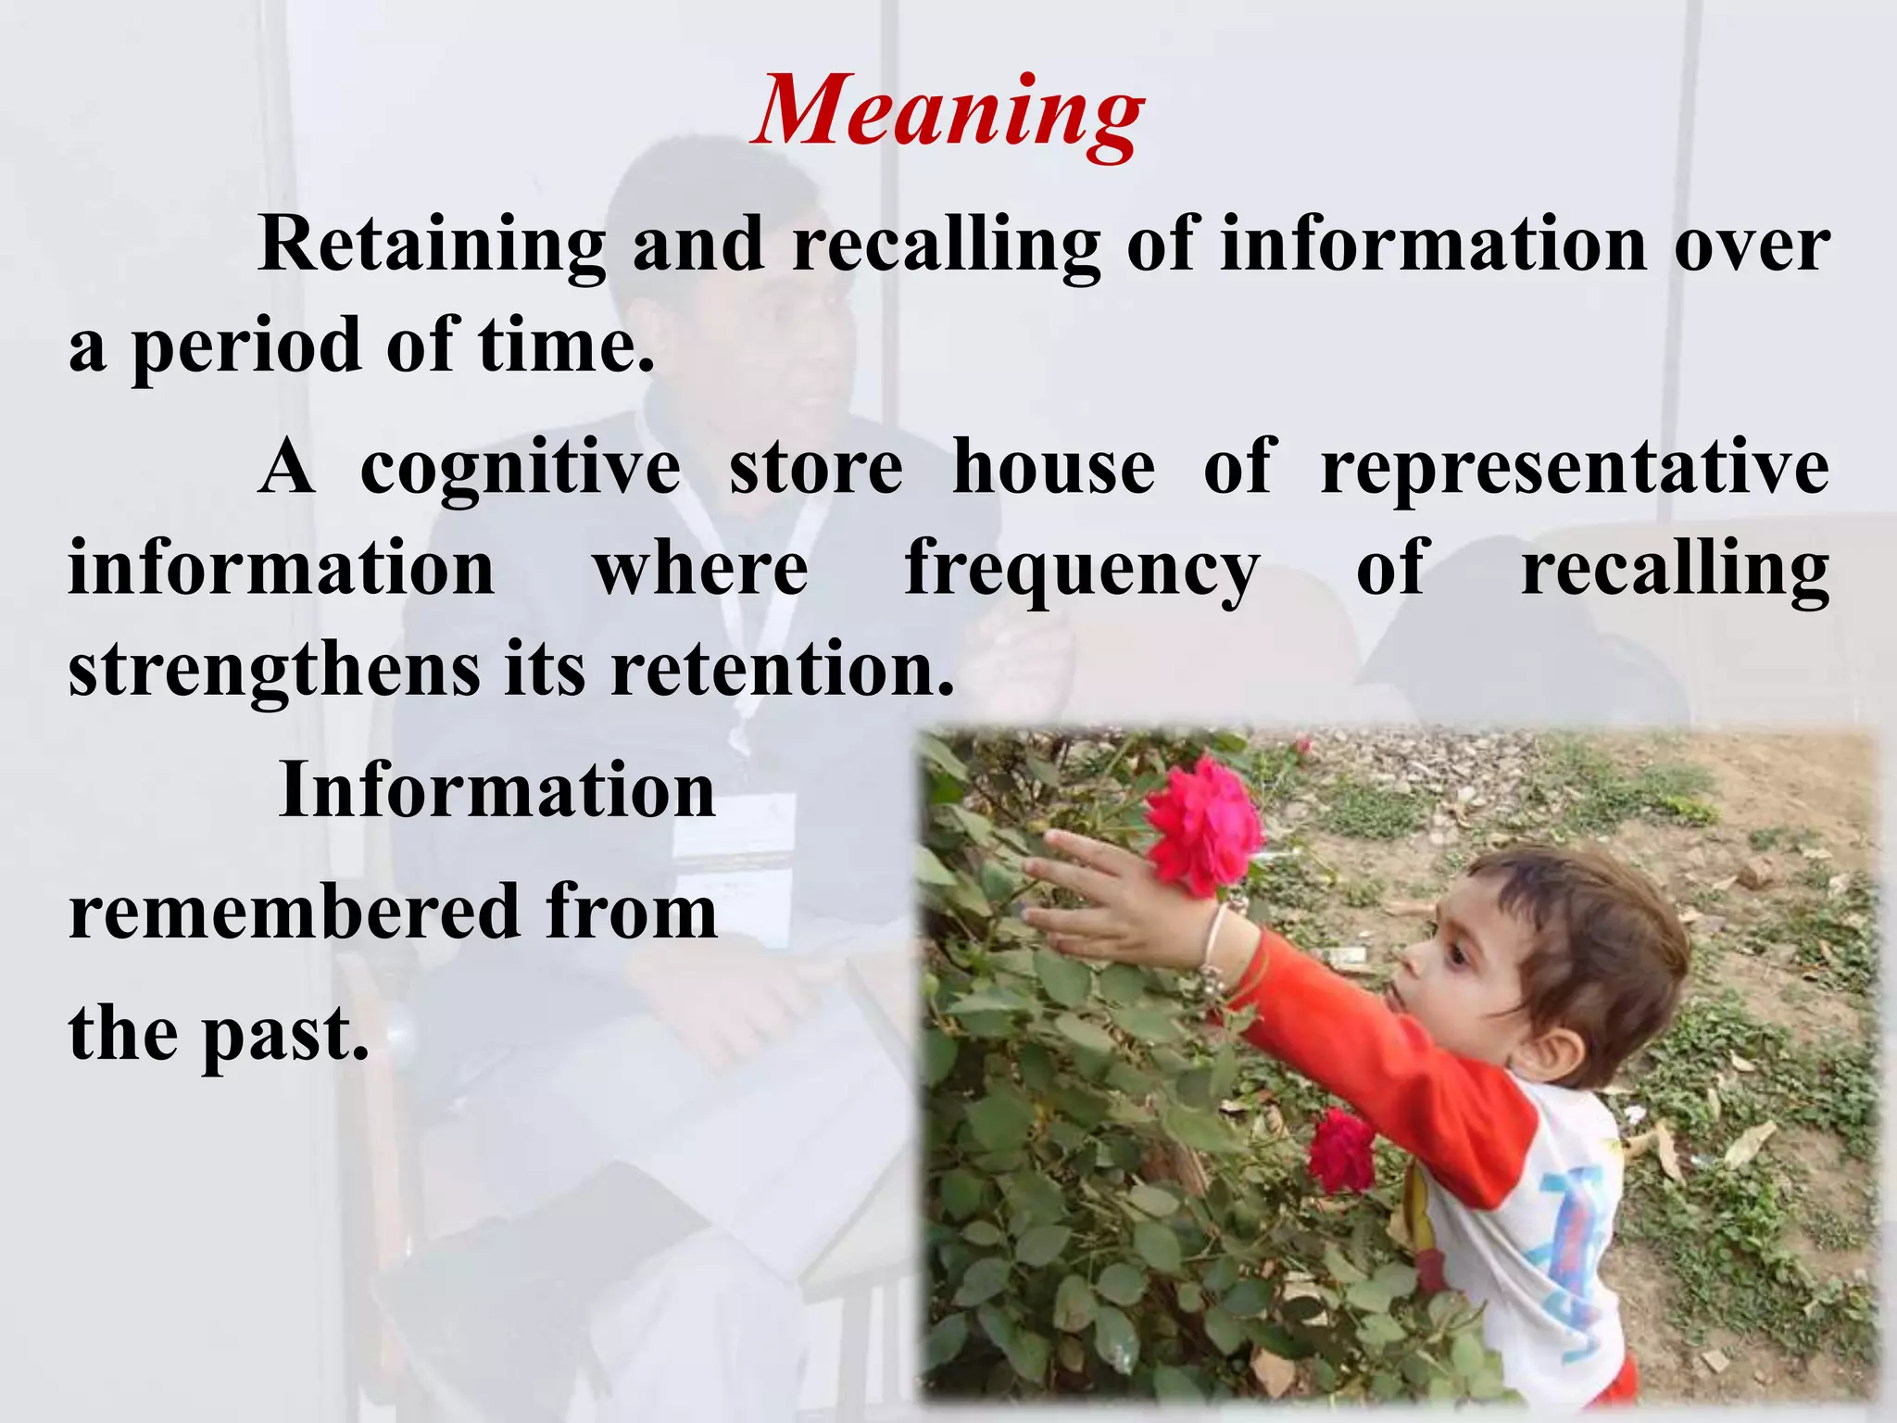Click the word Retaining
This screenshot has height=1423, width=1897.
click(432, 245)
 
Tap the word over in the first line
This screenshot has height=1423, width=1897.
click(1751, 245)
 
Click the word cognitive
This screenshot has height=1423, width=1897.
click(520, 469)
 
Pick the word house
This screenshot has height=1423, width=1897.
click(1053, 467)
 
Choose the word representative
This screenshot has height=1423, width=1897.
click(1575, 469)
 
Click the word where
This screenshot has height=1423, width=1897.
click(700, 569)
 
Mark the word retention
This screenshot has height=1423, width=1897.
click(782, 669)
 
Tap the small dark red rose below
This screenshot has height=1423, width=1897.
click(1340, 1152)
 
